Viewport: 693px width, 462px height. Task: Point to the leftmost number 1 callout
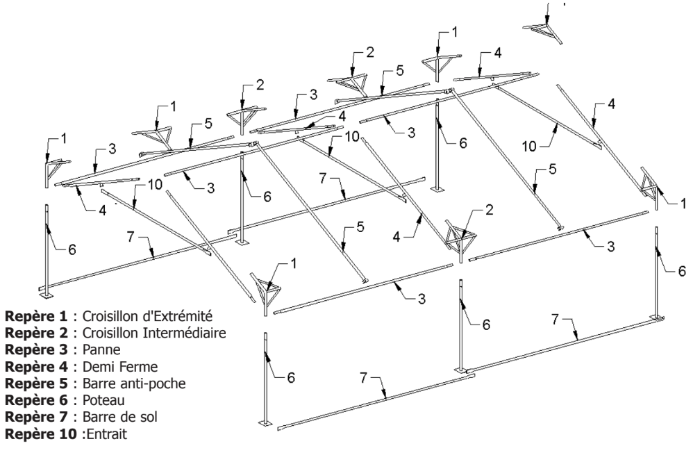coord(63,138)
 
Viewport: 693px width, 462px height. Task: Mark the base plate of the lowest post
coord(264,422)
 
